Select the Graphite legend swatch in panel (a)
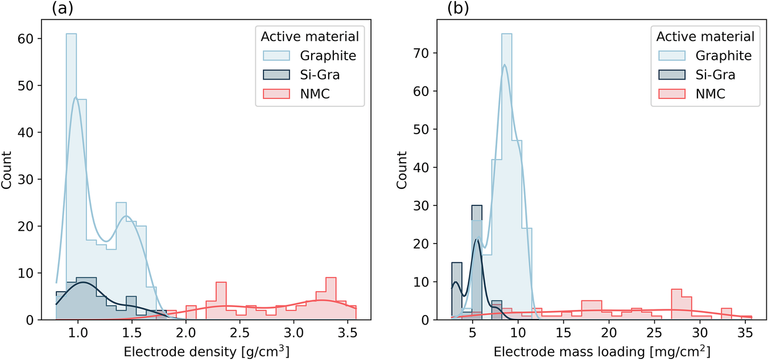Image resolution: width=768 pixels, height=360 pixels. click(x=275, y=56)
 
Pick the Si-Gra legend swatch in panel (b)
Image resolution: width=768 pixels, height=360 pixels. click(x=671, y=75)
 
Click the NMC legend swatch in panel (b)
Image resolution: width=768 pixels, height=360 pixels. click(x=671, y=94)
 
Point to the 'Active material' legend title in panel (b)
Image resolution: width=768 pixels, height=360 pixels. click(x=705, y=36)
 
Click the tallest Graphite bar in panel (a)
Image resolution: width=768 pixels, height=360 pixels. click(x=71, y=171)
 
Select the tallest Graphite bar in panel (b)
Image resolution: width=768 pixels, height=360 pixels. click(x=506, y=171)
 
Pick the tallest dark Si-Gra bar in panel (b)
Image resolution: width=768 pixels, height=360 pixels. click(x=477, y=262)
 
